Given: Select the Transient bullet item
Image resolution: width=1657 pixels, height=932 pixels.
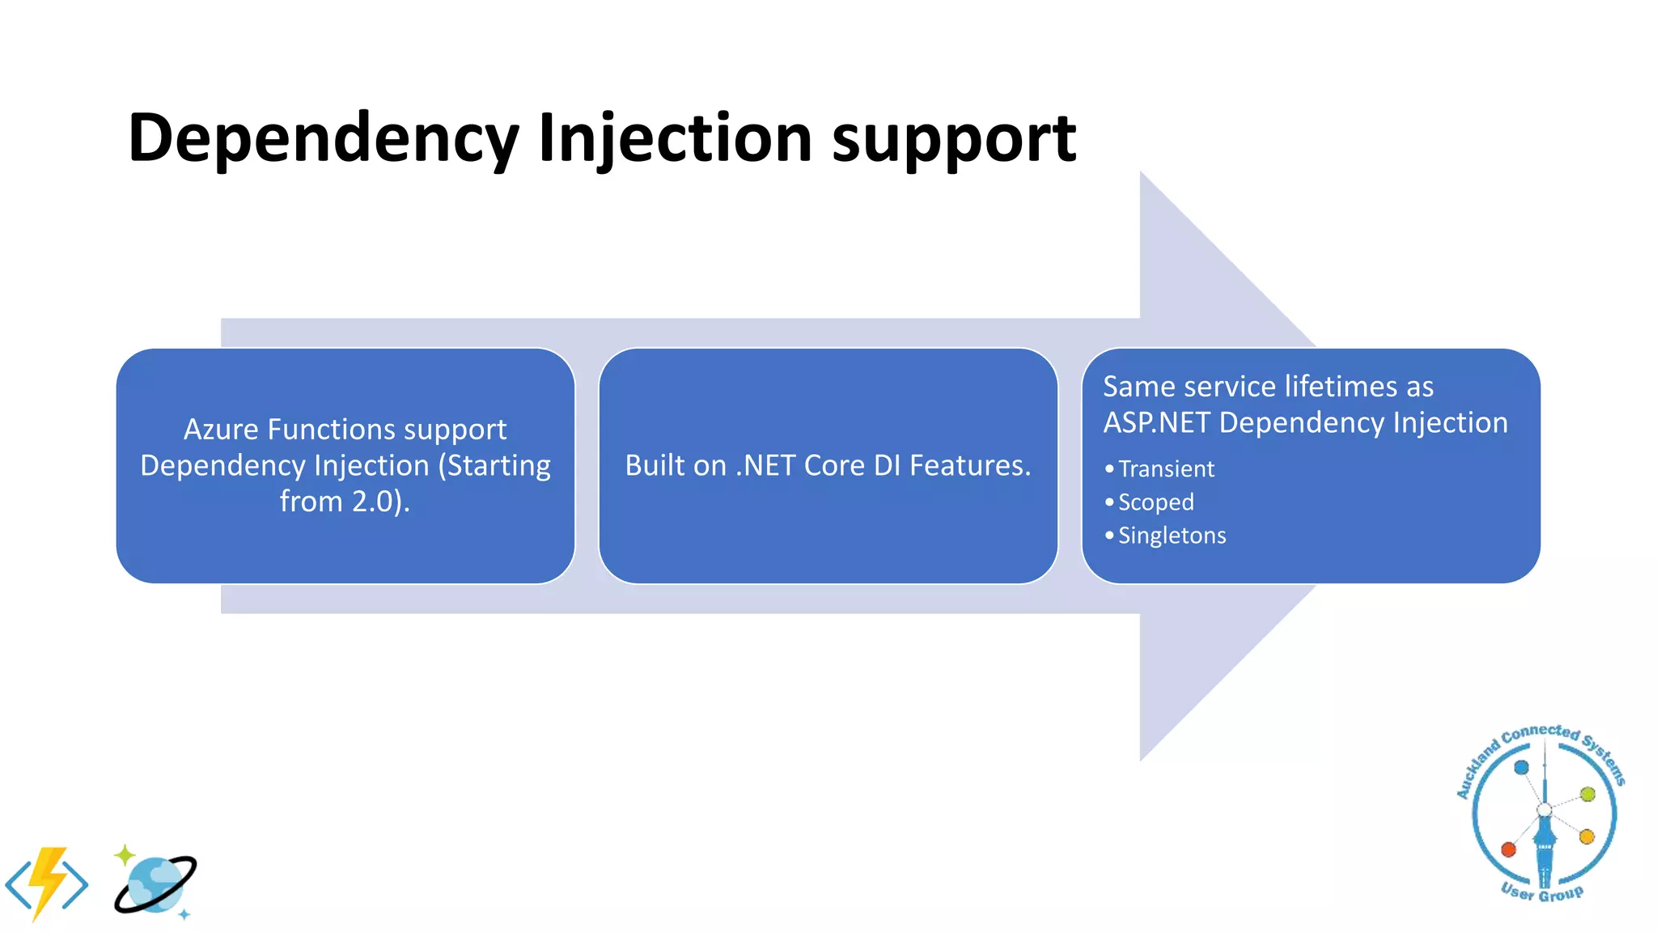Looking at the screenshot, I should pyautogui.click(x=1165, y=469).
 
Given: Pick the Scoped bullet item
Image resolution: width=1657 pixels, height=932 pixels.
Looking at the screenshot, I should pyautogui.click(x=1155, y=502).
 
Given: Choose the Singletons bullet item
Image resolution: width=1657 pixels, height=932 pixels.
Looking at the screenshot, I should pyautogui.click(x=1172, y=536).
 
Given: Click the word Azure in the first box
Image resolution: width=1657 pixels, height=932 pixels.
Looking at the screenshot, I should pyautogui.click(x=221, y=430).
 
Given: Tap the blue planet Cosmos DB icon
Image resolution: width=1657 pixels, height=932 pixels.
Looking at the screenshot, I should pyautogui.click(x=155, y=885).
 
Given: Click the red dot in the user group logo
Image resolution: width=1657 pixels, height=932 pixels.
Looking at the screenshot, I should pyautogui.click(x=1508, y=849).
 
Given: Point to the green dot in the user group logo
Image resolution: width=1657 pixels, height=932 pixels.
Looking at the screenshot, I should pyautogui.click(x=1587, y=794).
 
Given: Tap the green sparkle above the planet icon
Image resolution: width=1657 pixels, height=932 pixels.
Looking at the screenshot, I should pyautogui.click(x=124, y=854).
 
